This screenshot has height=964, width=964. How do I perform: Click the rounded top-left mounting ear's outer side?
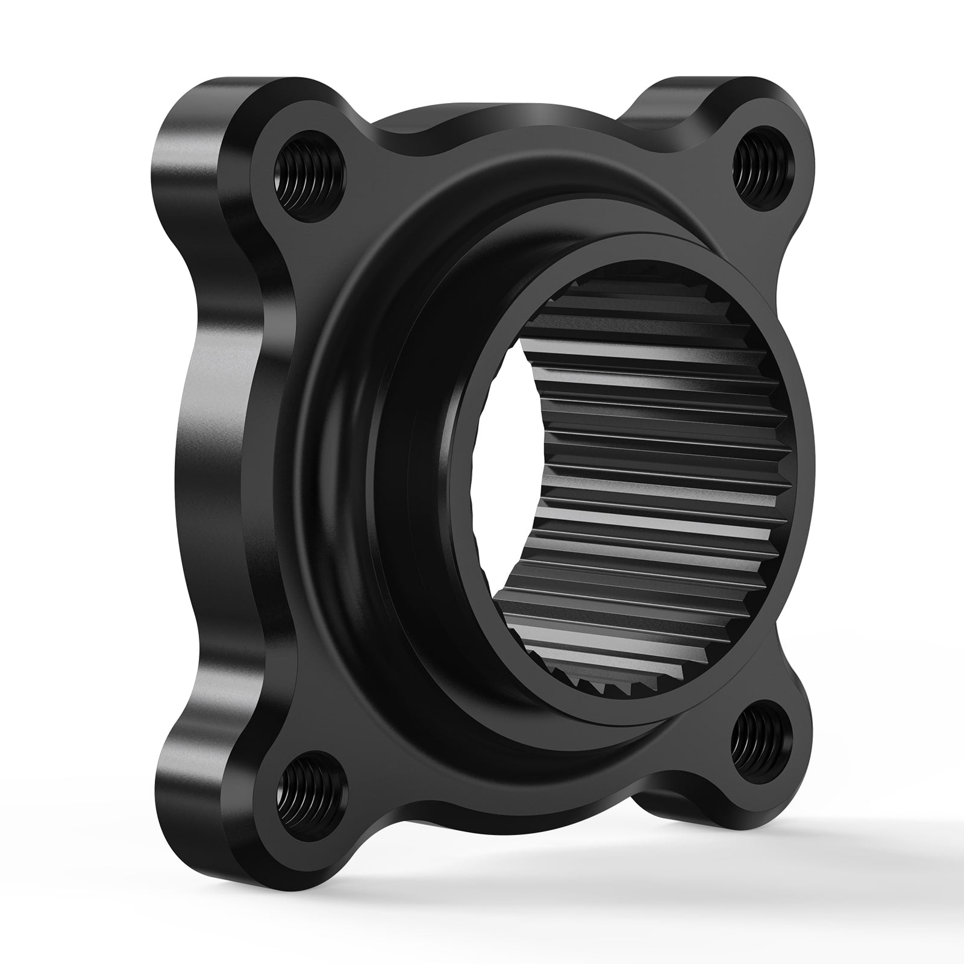click(x=181, y=151)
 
